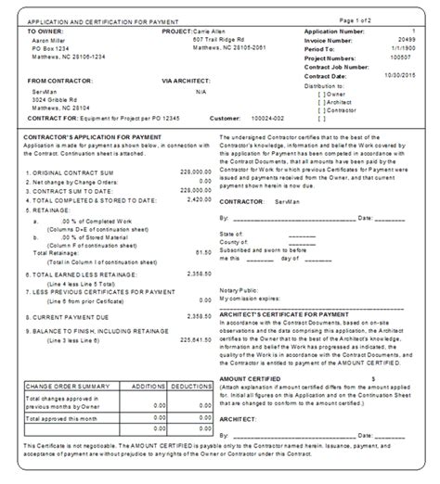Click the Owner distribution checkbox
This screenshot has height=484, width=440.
(321, 93)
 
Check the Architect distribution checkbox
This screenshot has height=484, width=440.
(321, 101)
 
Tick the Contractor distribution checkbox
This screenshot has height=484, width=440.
(321, 109)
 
